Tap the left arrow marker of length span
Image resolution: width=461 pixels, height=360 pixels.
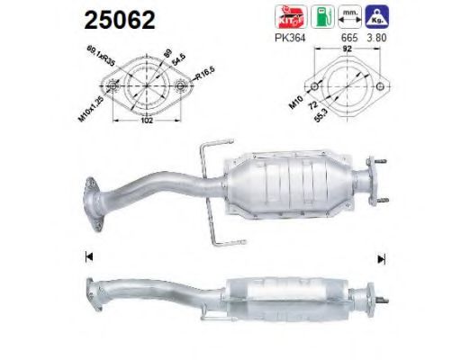point(88,258)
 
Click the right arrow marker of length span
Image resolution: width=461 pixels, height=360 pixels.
point(382,258)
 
